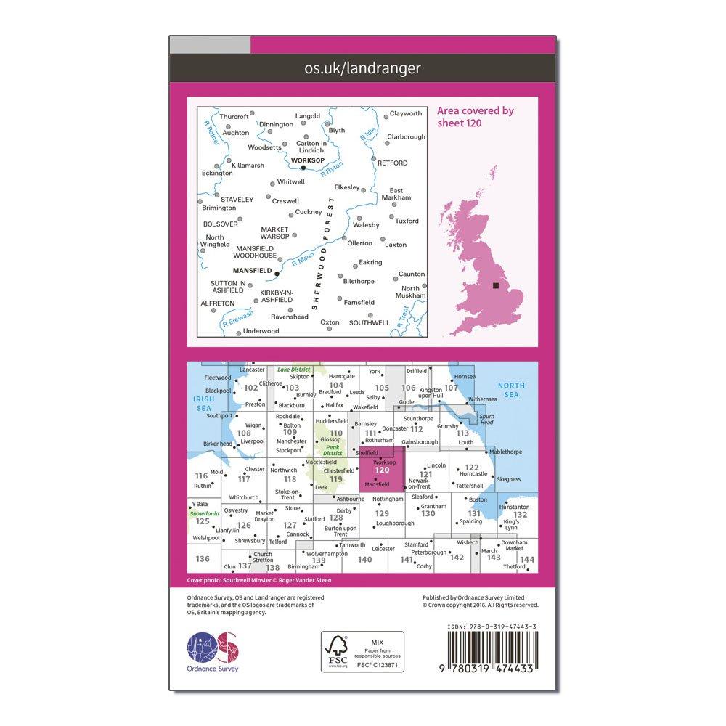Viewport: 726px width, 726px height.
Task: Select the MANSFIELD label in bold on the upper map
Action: point(253,271)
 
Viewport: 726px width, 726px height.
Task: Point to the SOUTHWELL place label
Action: point(369,322)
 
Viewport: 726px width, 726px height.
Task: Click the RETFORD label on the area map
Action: point(393,163)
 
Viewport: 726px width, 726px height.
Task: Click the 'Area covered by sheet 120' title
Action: point(475,116)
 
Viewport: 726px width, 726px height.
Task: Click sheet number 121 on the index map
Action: point(426,474)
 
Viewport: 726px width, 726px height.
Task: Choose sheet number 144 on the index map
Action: point(527,560)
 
